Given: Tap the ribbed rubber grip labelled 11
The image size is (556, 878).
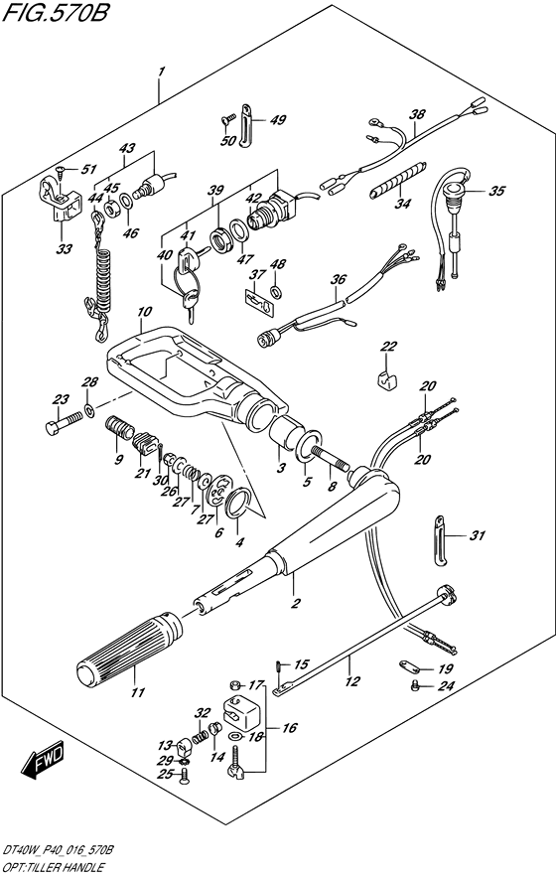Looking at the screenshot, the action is pos(129,649).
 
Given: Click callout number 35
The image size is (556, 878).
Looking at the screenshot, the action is pos(496,191).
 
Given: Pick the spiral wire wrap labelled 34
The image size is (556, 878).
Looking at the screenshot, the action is pos(398,179).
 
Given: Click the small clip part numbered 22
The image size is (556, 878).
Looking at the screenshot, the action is pos(384,378).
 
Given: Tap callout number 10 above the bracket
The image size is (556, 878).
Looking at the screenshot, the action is pos(143,312).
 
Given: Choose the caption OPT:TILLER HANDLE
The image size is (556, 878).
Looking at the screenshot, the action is pos(53,868).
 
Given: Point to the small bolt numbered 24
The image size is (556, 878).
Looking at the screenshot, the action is pos(415,684).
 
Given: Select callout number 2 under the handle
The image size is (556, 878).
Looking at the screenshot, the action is pos(296,603).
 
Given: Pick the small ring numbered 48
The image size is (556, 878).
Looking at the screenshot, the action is pos(275,291).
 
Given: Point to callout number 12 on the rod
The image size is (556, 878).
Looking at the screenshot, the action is pos(352,681).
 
